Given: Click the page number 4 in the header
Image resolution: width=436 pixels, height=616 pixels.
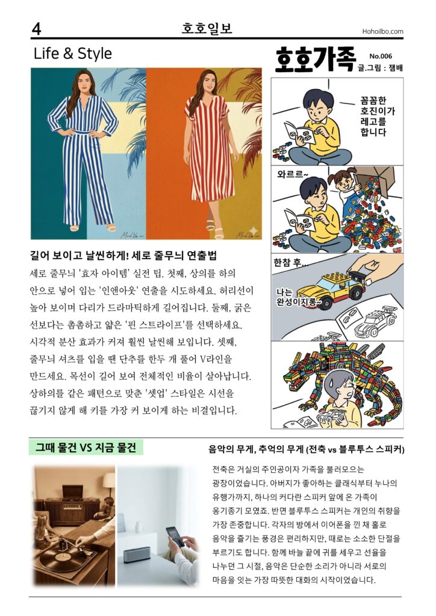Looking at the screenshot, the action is pos(36,29).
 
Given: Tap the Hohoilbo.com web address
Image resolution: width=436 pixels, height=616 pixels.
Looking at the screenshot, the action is pos(382,31).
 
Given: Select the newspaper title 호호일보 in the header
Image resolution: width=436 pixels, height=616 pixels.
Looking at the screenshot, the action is pos(207,28).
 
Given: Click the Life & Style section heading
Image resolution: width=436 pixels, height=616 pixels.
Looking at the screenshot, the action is pos(73,54).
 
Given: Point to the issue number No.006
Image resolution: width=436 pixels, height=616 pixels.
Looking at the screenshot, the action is pos(381,56).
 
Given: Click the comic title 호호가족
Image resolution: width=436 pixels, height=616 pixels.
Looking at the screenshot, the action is pos(316,60).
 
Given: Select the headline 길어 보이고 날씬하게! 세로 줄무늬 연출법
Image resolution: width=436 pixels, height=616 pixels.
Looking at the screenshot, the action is pos(123,256).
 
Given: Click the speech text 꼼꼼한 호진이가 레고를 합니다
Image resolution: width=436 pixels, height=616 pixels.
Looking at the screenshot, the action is pos(378,116).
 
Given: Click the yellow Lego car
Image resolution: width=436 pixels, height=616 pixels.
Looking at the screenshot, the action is pos(331,289).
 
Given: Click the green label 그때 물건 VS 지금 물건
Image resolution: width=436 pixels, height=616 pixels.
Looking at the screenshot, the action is pos(86,448).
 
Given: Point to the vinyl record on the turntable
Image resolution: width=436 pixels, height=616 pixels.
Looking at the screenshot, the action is pos(58,560).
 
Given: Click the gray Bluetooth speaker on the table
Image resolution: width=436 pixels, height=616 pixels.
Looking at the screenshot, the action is pos(137,554).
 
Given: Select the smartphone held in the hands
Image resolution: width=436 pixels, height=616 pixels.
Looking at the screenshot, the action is pos(175,537).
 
